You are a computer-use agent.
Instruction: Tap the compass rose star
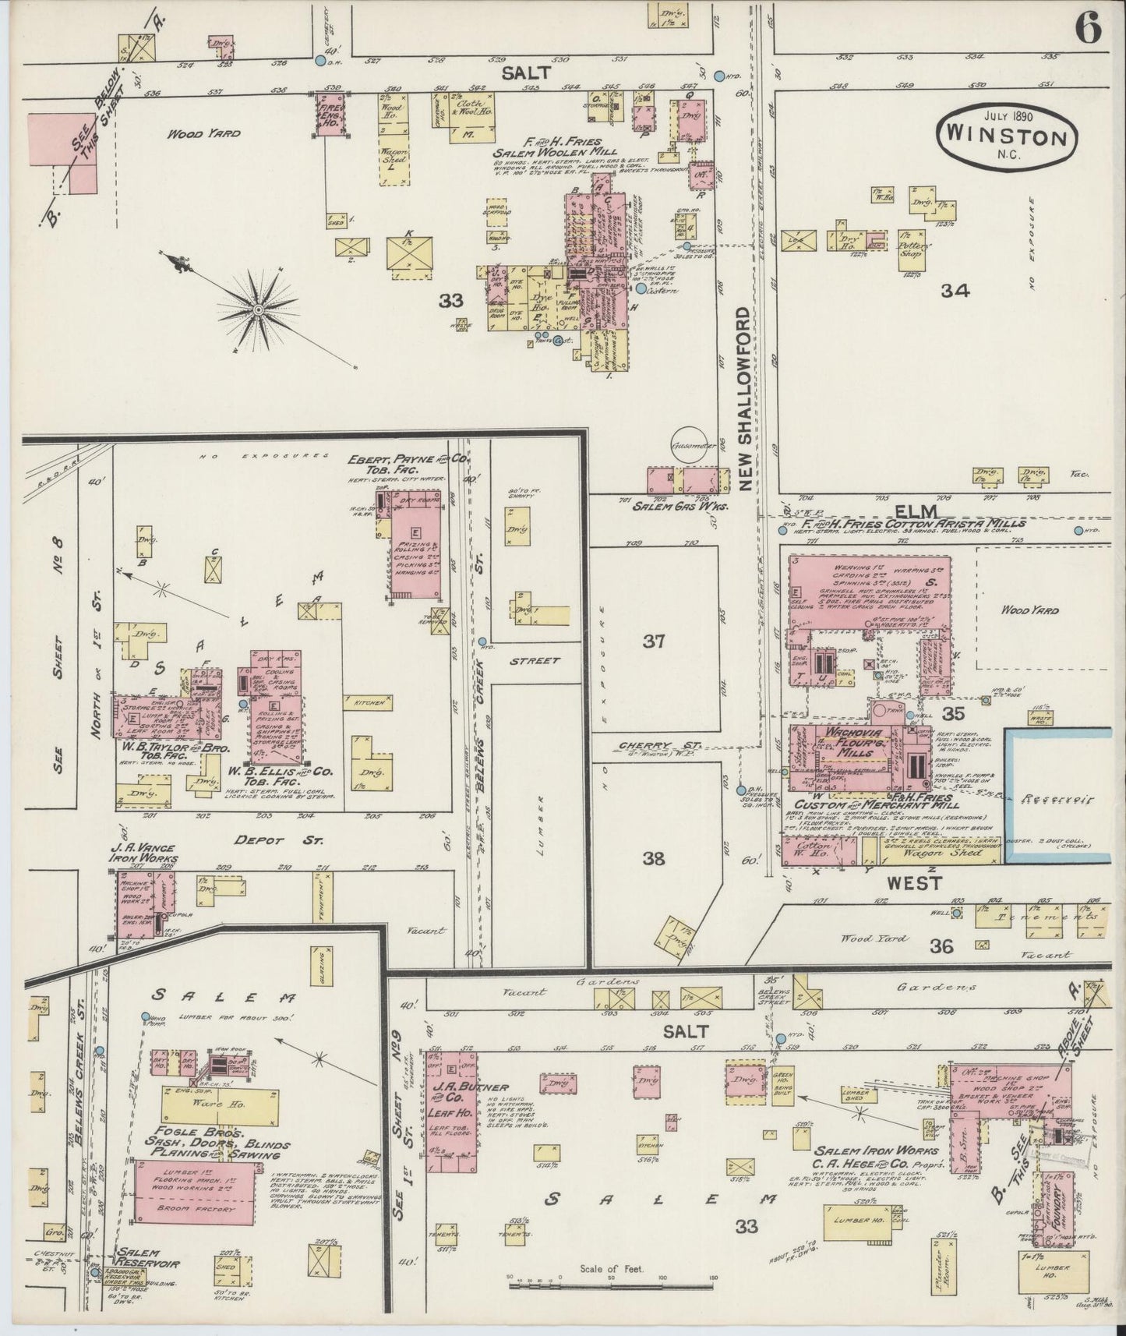pyautogui.click(x=257, y=311)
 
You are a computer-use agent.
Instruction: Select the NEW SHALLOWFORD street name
pyautogui.click(x=746, y=399)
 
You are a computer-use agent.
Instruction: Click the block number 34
pyautogui.click(x=954, y=291)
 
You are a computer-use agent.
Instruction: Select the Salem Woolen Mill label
pyautogui.click(x=554, y=152)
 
